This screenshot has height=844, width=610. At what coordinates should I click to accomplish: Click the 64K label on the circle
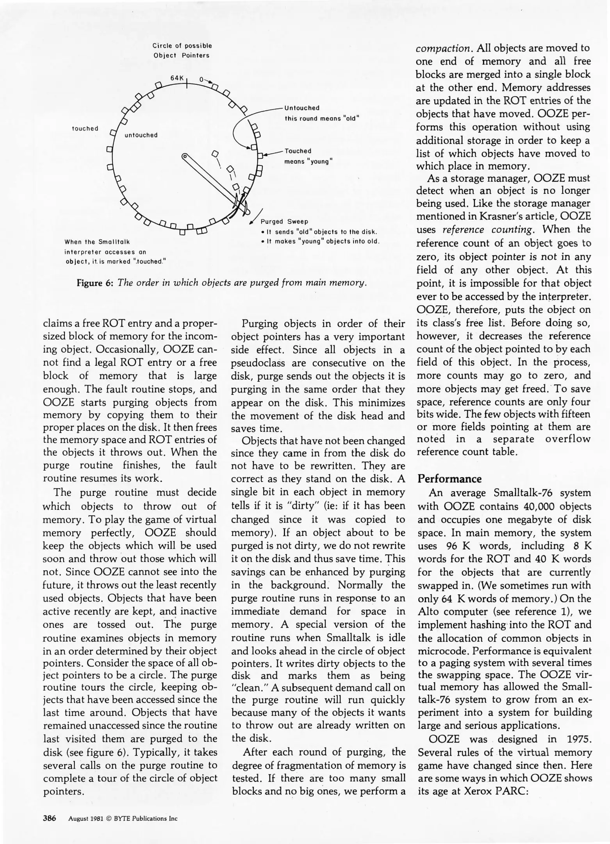(177, 78)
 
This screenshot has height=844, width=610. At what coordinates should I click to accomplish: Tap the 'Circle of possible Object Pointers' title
(182, 51)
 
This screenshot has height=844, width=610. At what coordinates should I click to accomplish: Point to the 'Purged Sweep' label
(284, 222)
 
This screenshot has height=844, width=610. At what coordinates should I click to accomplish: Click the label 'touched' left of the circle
(85, 129)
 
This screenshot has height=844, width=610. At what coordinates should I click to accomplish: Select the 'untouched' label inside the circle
(141, 135)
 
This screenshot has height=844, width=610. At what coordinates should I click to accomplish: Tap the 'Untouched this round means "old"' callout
(321, 113)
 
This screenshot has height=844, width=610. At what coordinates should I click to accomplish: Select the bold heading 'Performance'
(449, 479)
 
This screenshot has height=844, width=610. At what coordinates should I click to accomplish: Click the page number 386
(50, 818)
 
